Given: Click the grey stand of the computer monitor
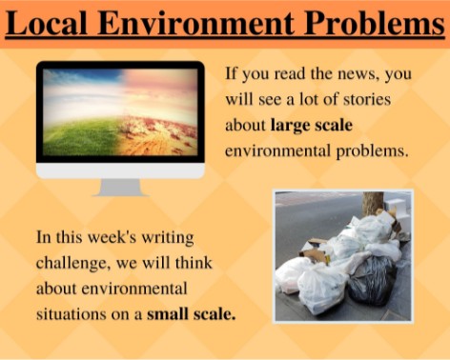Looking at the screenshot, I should pos(120,187).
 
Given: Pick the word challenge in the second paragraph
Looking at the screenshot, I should pos(71,261).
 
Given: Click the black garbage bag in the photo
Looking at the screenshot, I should pos(374,282).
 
